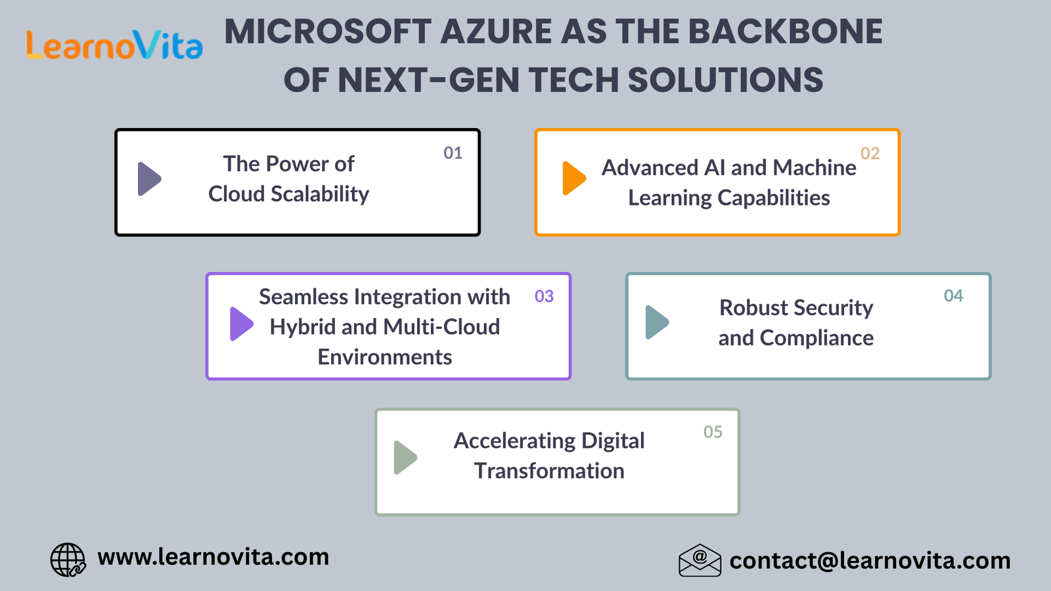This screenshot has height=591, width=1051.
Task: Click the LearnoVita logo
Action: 115,45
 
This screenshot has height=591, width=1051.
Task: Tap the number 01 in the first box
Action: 453,153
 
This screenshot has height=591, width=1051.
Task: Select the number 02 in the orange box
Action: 870,154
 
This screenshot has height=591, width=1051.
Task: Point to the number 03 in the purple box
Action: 545,296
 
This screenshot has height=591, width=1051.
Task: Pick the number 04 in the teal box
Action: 953,295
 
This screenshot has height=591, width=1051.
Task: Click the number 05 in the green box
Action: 713,431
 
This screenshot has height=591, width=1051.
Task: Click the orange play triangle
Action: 574,178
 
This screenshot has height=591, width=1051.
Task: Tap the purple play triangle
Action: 241,324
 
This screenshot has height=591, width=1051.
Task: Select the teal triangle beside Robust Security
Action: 657,322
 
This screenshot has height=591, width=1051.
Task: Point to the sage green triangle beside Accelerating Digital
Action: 405,457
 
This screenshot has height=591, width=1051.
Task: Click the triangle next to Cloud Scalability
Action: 149,179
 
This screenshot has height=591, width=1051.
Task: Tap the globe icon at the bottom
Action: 68,559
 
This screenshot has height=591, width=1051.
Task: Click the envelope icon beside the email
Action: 700,560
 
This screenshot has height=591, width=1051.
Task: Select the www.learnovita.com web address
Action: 213,558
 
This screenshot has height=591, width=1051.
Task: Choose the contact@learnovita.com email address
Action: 870,561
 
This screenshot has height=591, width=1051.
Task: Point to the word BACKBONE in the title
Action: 786,32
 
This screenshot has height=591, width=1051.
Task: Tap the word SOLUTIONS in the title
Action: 725,79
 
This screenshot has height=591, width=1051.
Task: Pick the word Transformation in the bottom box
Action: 549,471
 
